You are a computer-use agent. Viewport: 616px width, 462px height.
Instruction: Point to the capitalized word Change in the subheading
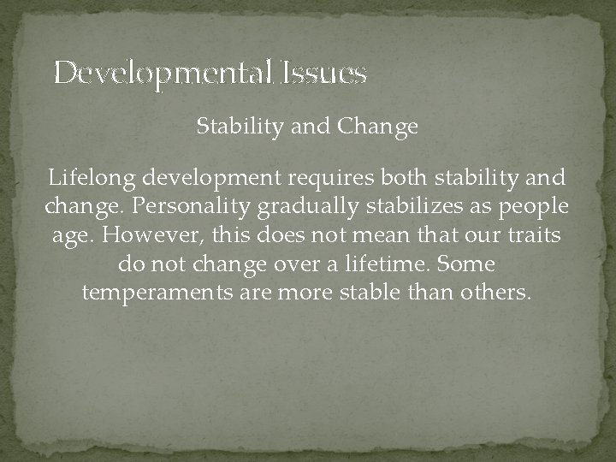[x=377, y=127]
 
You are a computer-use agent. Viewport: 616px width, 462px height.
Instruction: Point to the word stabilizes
[x=397, y=207]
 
